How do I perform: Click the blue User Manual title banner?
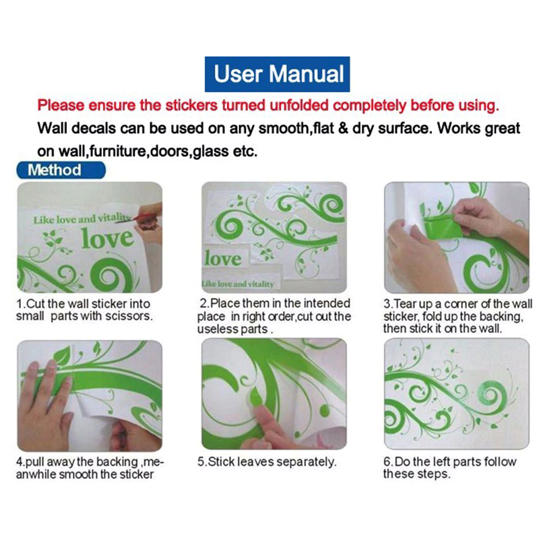point(277,74)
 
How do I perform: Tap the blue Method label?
point(61,170)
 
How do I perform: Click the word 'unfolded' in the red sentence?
point(299,105)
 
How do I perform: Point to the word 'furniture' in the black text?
point(117,151)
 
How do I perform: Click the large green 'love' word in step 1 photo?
point(107,239)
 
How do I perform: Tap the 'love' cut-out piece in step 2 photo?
point(224,259)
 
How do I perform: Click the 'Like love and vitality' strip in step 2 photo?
point(239,284)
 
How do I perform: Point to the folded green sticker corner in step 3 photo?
point(441,226)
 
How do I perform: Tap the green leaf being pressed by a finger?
point(256,396)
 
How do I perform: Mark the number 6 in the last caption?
point(387,462)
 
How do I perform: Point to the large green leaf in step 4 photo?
point(62,356)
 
